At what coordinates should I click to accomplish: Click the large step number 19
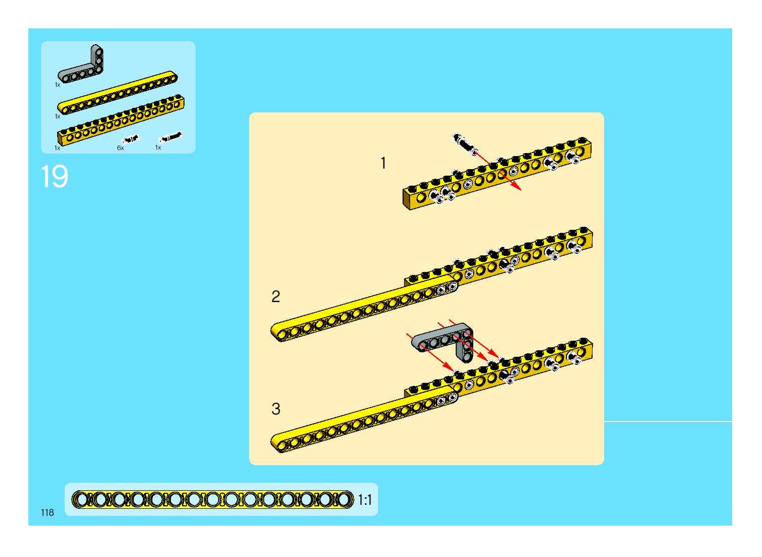(x=55, y=176)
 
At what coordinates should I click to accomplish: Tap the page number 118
(x=47, y=513)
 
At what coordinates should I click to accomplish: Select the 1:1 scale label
(x=365, y=500)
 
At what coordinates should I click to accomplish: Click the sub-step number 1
(x=383, y=163)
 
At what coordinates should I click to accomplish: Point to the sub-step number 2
(x=275, y=297)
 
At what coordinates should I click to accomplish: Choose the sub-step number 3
(x=275, y=409)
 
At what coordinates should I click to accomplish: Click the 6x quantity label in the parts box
(x=120, y=148)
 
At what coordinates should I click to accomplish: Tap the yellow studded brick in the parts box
(x=121, y=121)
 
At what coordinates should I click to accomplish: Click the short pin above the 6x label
(x=130, y=139)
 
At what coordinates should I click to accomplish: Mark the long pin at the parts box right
(x=170, y=137)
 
